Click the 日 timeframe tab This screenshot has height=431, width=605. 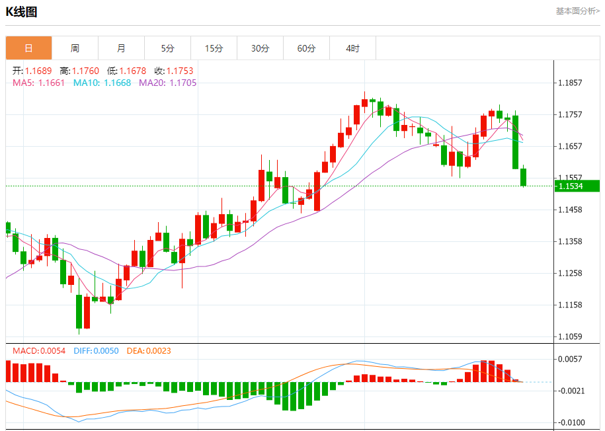coord(28,48)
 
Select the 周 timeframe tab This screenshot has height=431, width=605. coord(75,48)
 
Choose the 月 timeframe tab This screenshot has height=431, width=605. coord(121,48)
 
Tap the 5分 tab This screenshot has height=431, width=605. coord(167,48)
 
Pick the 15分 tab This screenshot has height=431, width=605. coord(214,48)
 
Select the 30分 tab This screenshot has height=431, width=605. coord(260,48)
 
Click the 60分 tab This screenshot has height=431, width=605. coord(306,48)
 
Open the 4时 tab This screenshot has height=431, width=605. coord(352,48)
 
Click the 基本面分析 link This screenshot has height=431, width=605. coord(577,11)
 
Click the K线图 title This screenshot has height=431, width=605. coord(22,12)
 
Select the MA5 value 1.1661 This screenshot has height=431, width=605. coord(52,83)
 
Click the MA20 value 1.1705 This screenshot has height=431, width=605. coord(183,83)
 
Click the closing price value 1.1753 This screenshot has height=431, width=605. coord(180,71)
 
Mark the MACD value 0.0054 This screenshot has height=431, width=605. coord(52,350)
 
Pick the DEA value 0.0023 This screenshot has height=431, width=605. coord(158,350)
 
